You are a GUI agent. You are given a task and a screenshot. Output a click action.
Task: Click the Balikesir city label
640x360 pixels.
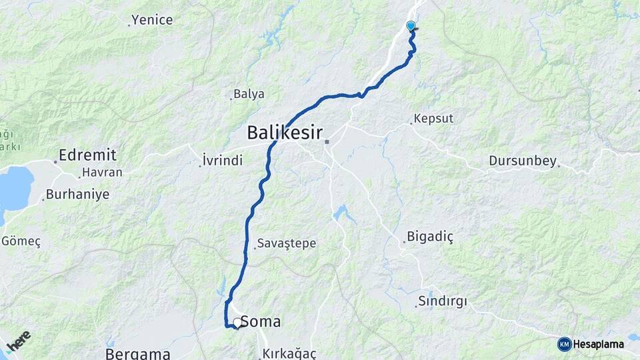tap(285, 131)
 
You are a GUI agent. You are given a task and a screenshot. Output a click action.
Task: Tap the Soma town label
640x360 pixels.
tap(260, 322)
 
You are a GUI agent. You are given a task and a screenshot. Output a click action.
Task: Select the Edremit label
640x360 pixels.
tap(87, 155)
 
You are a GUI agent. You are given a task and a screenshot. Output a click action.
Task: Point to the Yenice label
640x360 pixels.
tap(152, 20)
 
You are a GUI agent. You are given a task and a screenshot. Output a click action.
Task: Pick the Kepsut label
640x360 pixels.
tap(433, 119)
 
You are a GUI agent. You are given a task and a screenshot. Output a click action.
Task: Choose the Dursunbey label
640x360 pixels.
tap(522, 161)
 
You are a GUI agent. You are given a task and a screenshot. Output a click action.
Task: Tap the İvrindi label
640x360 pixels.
tap(222, 160)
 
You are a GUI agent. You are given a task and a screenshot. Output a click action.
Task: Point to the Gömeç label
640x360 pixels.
tap(21, 241)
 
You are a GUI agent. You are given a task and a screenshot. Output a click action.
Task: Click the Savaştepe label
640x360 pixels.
tap(287, 243)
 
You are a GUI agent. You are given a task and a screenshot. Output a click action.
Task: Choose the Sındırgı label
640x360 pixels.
tap(443, 301)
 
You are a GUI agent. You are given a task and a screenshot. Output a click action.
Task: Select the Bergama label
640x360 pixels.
tap(138, 353)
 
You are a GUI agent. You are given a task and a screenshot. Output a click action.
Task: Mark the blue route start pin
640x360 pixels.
tap(411, 27)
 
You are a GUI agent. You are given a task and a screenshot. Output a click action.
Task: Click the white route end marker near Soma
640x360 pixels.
tap(237, 323)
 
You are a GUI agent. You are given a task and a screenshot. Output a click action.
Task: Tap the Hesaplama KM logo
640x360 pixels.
tap(591, 344)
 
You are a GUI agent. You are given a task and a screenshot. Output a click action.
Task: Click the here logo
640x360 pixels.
tap(19, 340)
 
